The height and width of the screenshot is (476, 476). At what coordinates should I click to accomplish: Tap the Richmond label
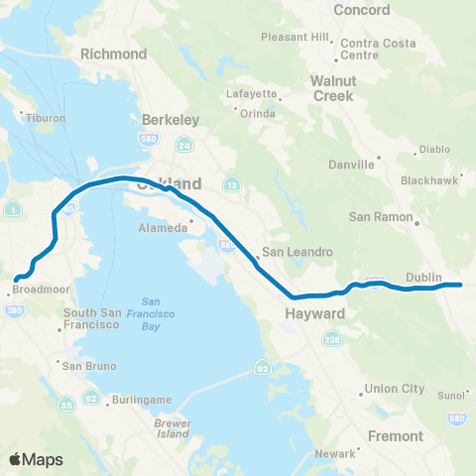pyautogui.click(x=114, y=54)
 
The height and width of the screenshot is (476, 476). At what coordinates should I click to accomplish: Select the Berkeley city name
pyautogui.click(x=171, y=119)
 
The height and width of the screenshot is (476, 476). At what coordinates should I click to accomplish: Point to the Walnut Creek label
pyautogui.click(x=332, y=88)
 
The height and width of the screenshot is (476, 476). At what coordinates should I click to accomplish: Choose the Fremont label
pyautogui.click(x=395, y=435)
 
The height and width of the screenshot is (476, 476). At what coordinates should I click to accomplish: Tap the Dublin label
pyautogui.click(x=423, y=278)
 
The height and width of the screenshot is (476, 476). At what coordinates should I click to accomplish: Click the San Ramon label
pyautogui.click(x=374, y=216)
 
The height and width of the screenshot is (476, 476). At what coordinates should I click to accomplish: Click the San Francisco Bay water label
pyautogui.click(x=151, y=313)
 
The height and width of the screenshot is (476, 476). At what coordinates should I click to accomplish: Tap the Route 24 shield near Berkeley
pyautogui.click(x=184, y=146)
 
